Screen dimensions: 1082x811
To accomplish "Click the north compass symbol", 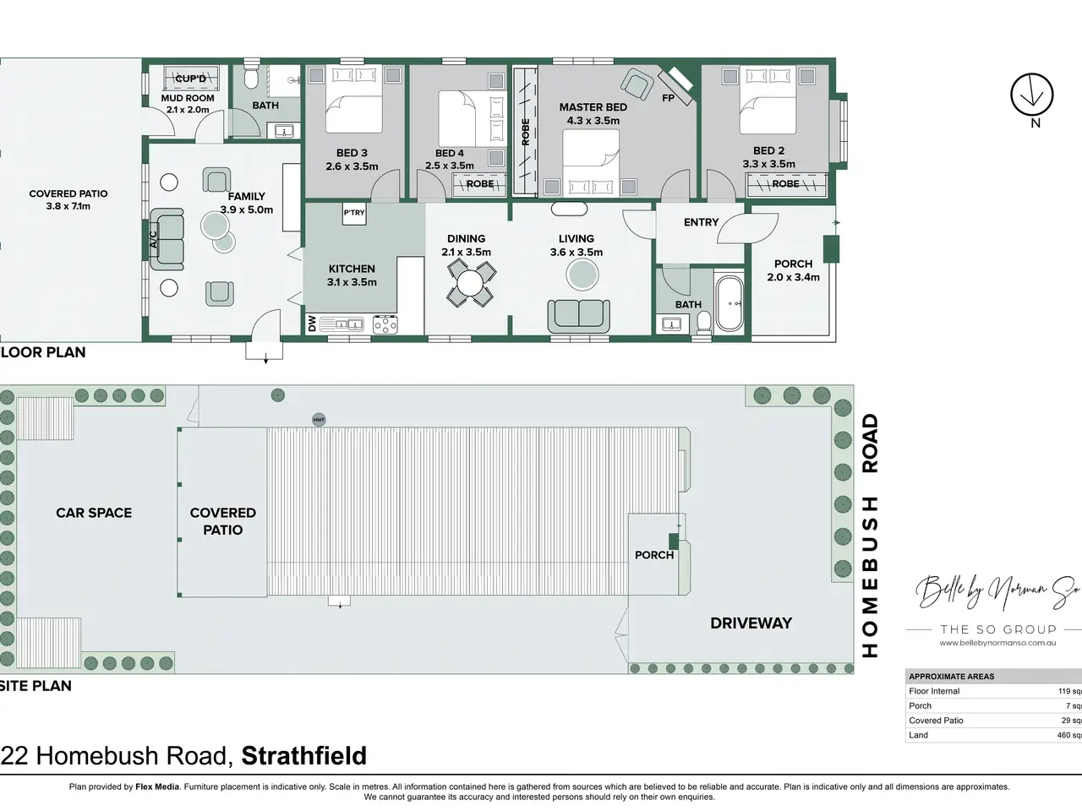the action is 1032,95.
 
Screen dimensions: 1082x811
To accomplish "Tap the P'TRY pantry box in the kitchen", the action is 354,213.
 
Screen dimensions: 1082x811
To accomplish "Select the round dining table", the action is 470,284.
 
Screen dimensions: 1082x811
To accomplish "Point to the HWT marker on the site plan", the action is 319,420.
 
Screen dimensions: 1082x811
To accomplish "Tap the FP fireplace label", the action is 668,98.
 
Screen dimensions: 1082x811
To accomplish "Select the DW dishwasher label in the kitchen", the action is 312,324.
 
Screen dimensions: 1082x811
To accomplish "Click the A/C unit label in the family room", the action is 153,239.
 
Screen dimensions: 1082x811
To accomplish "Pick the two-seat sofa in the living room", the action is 579,316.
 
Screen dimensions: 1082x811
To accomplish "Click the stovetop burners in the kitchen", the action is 385,324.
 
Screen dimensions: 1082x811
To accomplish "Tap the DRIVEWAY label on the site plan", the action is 751,623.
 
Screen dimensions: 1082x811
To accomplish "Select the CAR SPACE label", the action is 94,513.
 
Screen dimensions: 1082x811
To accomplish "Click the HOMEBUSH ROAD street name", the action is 870,536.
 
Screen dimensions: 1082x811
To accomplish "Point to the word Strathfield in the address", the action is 304,755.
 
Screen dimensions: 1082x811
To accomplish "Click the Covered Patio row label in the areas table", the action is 936,721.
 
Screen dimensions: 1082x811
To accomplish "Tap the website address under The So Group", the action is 997,643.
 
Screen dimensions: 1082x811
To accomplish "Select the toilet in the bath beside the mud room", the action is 251,75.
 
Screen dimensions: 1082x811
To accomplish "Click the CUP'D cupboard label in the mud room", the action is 191,79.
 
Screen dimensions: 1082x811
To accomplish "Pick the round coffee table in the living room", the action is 582,275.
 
